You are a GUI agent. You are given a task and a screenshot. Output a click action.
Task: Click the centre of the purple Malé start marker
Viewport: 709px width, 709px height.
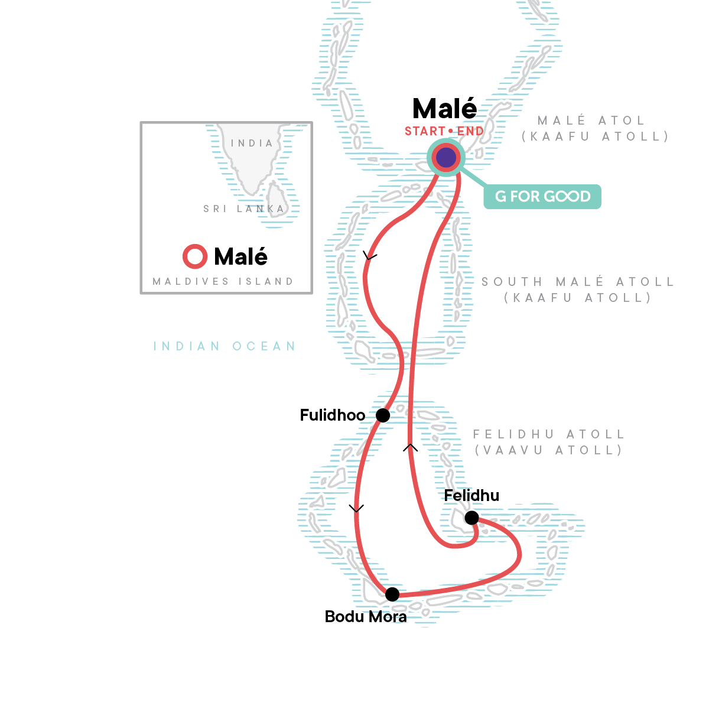pos(446,158)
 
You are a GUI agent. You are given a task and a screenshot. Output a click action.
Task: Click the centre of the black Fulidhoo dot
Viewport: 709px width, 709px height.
pos(383,415)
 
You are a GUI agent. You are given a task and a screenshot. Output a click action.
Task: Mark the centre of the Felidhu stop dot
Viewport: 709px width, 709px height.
pos(471,518)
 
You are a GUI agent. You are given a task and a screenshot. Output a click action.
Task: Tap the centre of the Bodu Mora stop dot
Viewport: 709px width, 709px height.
pos(392,594)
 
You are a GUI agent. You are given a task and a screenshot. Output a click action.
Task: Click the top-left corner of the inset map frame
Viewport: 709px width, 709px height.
pos(140,122)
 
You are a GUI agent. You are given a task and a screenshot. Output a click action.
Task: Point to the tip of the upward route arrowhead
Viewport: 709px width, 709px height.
pos(410,444)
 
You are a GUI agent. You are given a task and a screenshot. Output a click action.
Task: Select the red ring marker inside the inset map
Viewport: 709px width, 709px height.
pos(195,256)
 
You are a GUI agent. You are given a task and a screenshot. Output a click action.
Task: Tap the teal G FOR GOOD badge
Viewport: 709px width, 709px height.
pos(542,197)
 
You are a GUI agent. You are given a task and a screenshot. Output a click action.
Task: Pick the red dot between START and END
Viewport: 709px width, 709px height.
pos(451,131)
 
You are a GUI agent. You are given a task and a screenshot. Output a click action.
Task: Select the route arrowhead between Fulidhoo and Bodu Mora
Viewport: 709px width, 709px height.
pos(356,509)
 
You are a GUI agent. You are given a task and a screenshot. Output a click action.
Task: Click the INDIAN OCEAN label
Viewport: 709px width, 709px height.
pos(225,346)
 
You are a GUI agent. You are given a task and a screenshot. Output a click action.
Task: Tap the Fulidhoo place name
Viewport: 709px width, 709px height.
pos(333,415)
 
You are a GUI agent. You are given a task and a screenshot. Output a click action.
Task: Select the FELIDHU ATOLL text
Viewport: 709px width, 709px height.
pos(549,434)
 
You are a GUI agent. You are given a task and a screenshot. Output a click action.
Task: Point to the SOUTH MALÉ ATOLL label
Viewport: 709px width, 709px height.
pos(578,282)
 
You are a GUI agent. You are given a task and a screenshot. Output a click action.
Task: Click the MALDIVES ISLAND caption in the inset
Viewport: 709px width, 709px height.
pos(223,281)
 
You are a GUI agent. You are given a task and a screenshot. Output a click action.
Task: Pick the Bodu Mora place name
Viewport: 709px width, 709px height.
pos(366,617)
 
